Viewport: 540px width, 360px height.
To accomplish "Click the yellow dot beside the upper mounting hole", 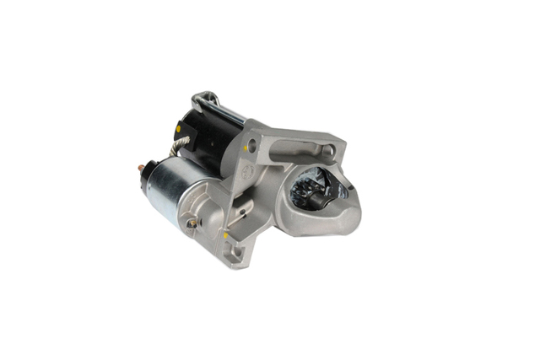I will tap(246, 149).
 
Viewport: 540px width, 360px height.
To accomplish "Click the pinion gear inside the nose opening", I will tap(310, 194).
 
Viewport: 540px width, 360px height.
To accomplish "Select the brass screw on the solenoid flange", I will tap(193, 223).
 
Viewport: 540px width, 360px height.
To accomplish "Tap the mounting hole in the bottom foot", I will tap(235, 250).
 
